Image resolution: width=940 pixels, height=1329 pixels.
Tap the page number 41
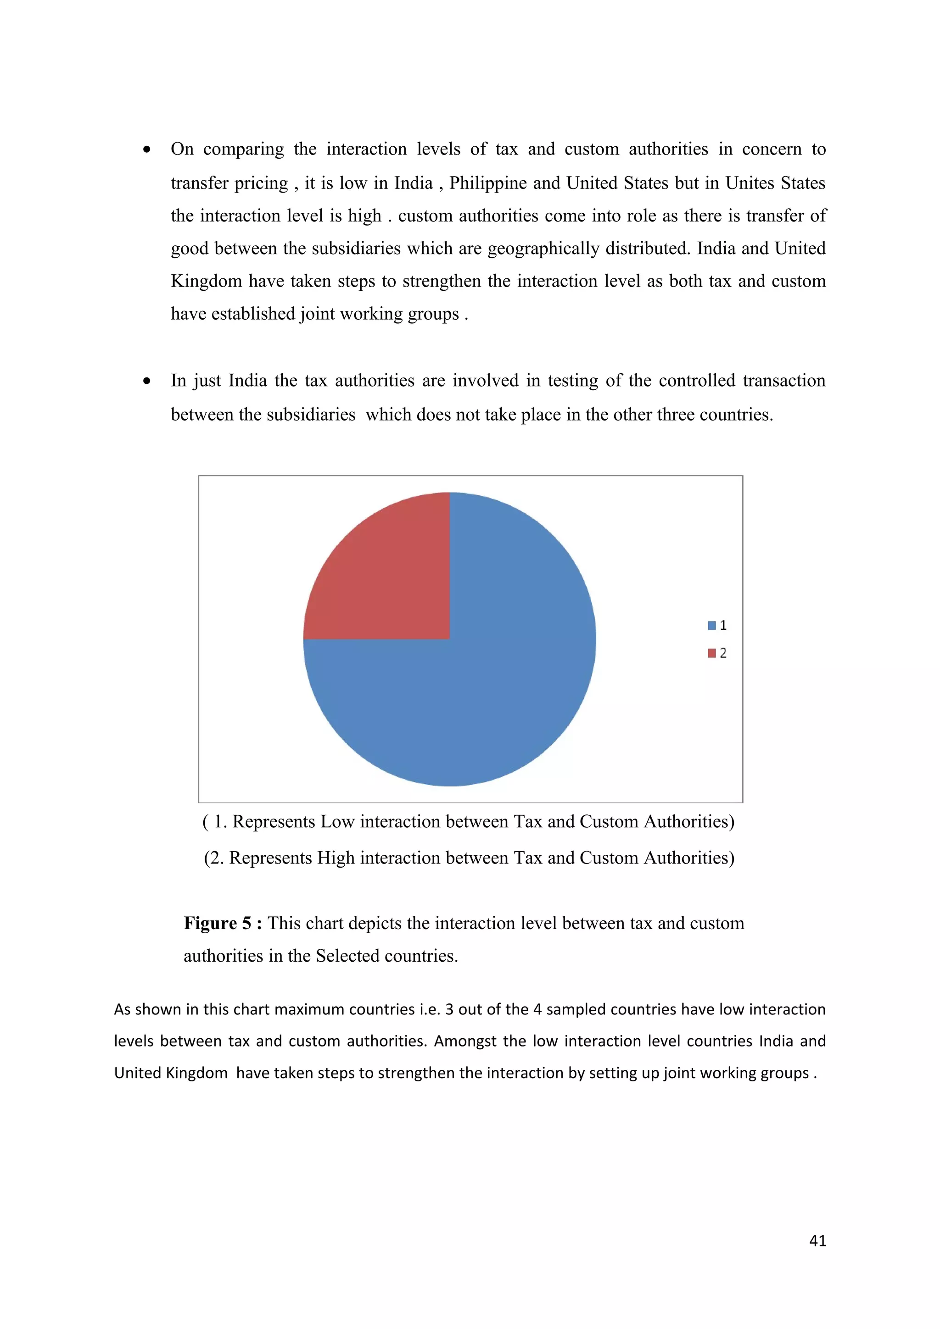tap(817, 1240)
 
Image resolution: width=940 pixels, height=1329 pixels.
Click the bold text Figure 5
tap(218, 923)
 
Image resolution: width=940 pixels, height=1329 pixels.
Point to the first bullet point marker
tap(147, 150)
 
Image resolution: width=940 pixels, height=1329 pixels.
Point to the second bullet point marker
tap(147, 382)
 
